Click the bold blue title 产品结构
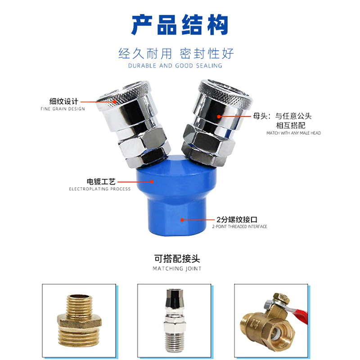[180, 25]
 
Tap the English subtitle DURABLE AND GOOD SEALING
[175, 66]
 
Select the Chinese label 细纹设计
[64, 101]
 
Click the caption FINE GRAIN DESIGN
[63, 109]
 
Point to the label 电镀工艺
[101, 182]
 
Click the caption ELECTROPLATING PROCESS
[99, 189]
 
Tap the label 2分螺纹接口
[237, 220]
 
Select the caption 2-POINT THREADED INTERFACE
[239, 227]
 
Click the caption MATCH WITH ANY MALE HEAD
[293, 133]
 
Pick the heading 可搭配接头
[177, 259]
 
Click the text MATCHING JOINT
[177, 268]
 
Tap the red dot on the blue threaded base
[182, 220]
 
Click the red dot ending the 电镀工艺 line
[152, 182]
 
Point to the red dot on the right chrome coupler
[219, 117]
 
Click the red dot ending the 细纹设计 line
[115, 102]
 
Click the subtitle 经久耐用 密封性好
[176, 54]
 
